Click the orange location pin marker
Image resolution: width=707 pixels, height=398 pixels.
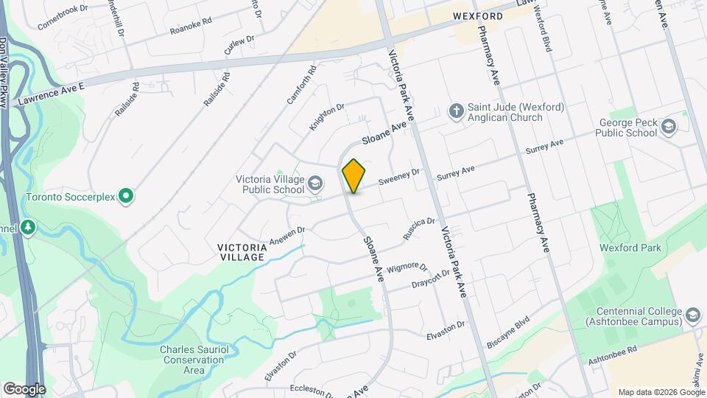pyautogui.click(x=353, y=176)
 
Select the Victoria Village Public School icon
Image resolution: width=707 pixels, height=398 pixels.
pyautogui.click(x=315, y=183)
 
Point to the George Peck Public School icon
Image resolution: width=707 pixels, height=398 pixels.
pyautogui.click(x=668, y=127)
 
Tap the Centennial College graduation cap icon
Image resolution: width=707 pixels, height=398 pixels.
pyautogui.click(x=692, y=315)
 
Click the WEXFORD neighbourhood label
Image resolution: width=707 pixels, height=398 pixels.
pyautogui.click(x=478, y=16)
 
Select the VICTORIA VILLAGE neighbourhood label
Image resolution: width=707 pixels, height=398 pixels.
pyautogui.click(x=242, y=251)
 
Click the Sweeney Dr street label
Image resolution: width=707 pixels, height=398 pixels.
pyautogui.click(x=398, y=177)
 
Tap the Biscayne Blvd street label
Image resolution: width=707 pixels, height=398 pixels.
pyautogui.click(x=508, y=333)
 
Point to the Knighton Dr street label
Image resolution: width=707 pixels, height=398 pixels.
pyautogui.click(x=327, y=117)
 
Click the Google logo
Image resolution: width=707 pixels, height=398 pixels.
pyautogui.click(x=24, y=388)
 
